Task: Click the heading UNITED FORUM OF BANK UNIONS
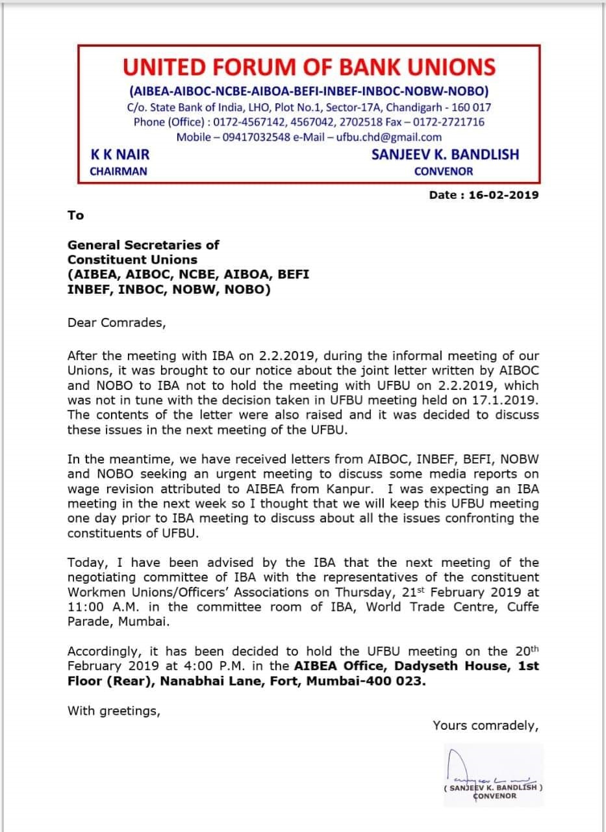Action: tap(309, 67)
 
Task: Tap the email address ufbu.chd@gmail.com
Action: tap(389, 137)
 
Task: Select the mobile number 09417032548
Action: tap(252, 137)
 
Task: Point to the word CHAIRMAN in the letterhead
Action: tap(118, 172)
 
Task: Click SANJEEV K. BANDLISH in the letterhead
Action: tap(445, 155)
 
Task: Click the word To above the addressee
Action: tap(75, 215)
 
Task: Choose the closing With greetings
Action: tap(113, 710)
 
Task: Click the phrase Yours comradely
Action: tap(485, 725)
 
